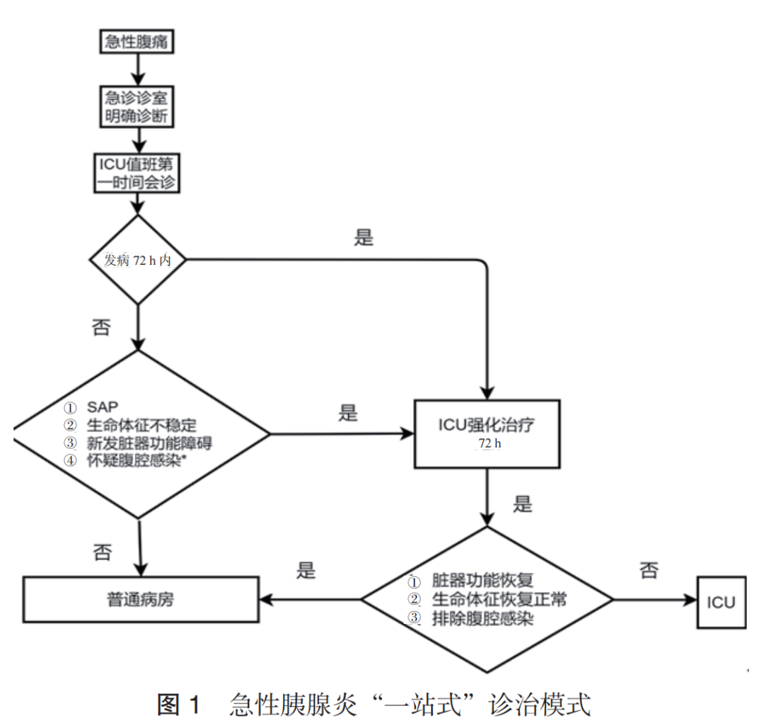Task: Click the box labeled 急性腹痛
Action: [x=137, y=42]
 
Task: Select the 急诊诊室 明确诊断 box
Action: [x=137, y=107]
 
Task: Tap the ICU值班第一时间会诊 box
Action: [x=137, y=173]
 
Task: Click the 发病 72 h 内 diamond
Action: [x=138, y=260]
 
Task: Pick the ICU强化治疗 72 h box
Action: [x=487, y=433]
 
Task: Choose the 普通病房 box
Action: [x=141, y=600]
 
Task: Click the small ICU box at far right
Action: [x=721, y=602]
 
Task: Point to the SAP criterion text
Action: [x=103, y=407]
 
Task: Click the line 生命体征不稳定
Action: [x=141, y=426]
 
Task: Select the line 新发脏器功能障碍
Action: [x=149, y=443]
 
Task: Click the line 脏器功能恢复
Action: [x=482, y=581]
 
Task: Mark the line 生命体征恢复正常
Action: [x=499, y=599]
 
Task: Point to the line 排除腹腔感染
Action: [x=482, y=618]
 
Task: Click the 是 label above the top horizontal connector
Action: [x=364, y=238]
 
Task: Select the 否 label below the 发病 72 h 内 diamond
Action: [x=101, y=327]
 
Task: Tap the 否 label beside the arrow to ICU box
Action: [x=649, y=570]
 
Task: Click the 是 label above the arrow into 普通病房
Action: [x=306, y=570]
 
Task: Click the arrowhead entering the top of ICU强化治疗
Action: [x=487, y=393]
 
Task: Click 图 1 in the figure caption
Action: [x=179, y=705]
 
